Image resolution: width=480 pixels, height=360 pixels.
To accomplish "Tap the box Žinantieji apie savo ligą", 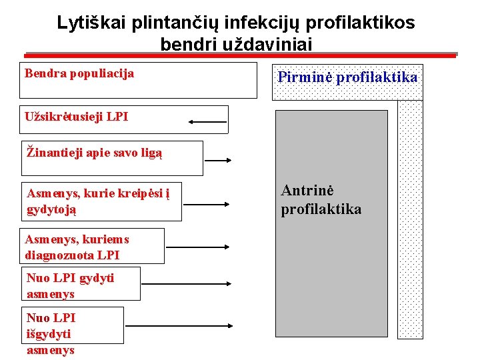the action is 112,158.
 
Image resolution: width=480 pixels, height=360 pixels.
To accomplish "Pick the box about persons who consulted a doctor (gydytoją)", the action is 101,202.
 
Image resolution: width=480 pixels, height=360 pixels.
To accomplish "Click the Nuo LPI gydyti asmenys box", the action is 81,284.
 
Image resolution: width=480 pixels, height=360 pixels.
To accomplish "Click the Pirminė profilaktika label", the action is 347,77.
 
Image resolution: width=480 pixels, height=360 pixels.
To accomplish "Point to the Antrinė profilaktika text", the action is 321,200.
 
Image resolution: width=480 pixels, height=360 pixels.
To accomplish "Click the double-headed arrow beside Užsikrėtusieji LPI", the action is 208,122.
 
